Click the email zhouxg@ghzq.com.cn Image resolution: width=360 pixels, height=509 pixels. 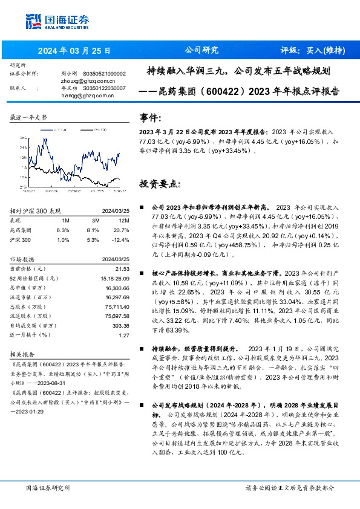coord(86,80)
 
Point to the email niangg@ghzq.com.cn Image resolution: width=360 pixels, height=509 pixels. coord(85,95)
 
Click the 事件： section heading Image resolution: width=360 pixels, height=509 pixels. coord(151,117)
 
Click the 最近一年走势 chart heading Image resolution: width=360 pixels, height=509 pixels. coord(28,117)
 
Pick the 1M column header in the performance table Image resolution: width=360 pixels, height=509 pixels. coord(66,221)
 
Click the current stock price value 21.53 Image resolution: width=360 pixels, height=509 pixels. coord(123,268)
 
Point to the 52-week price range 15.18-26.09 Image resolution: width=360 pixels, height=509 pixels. coord(115,278)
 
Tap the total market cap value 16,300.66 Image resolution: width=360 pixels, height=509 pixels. coord(117,288)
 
